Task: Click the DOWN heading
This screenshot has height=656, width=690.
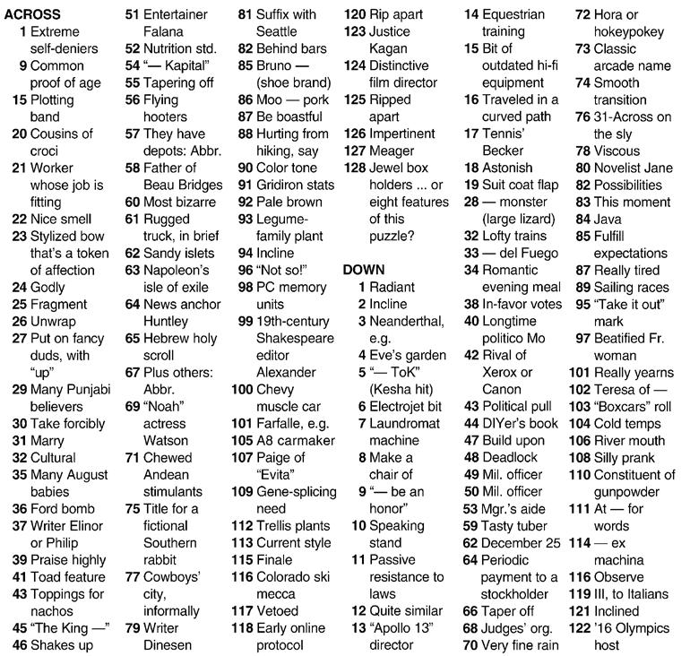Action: pyautogui.click(x=364, y=270)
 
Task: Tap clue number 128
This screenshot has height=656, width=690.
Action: pyautogui.click(x=355, y=168)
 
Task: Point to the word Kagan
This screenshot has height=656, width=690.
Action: pyautogui.click(x=389, y=48)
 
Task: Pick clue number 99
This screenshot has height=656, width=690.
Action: pyautogui.click(x=244, y=321)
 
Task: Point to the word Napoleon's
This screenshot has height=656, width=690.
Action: pyautogui.click(x=178, y=270)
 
